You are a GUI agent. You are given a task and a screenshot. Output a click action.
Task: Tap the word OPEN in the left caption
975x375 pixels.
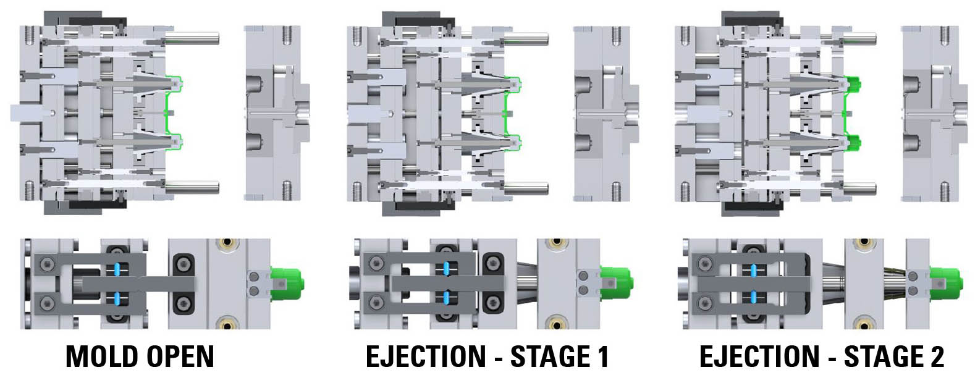pyautogui.click(x=180, y=356)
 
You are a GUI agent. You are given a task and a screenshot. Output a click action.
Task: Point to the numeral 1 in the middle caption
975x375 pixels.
pyautogui.click(x=602, y=356)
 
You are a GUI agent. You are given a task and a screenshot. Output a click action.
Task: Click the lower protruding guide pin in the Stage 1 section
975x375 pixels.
pyautogui.click(x=526, y=188)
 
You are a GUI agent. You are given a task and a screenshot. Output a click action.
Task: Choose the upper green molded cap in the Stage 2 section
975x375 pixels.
pyautogui.click(x=853, y=83)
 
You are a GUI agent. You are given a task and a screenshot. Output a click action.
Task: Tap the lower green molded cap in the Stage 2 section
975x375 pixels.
pyautogui.click(x=853, y=143)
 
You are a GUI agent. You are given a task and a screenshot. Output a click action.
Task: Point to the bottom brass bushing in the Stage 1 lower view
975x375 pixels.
pyautogui.click(x=559, y=323)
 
